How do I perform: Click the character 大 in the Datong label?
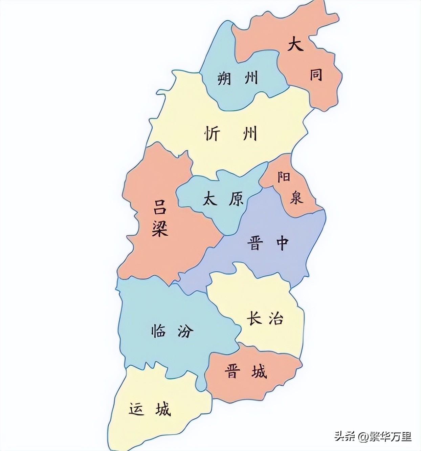tap(295, 44)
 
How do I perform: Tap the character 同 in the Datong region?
tap(316, 74)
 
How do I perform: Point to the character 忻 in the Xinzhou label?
tap(212, 134)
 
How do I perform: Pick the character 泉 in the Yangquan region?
tap(296, 197)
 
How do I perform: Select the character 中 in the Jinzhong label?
tap(281, 243)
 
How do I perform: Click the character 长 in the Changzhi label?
tap(254, 318)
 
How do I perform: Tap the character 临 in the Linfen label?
tap(158, 330)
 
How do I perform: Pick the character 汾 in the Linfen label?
tap(185, 330)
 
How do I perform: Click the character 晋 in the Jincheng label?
tap(232, 371)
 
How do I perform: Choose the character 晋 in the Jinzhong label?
tap(254, 243)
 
